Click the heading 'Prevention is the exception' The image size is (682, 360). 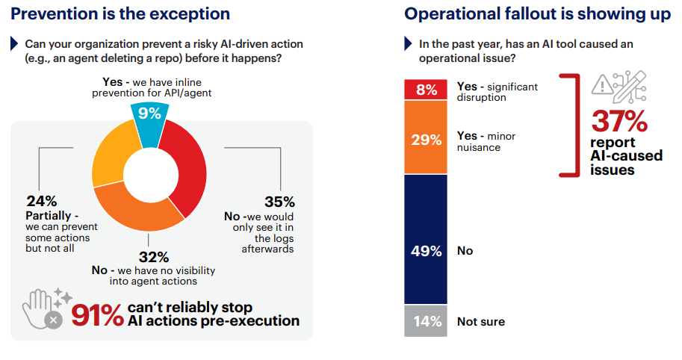[120, 13]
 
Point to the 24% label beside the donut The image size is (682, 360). [41, 201]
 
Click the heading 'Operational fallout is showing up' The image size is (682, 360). [538, 13]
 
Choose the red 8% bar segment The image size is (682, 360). [426, 90]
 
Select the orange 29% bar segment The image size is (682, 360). [426, 138]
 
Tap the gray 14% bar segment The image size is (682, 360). [426, 321]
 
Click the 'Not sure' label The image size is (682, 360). [481, 322]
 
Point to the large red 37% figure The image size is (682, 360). [619, 120]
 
